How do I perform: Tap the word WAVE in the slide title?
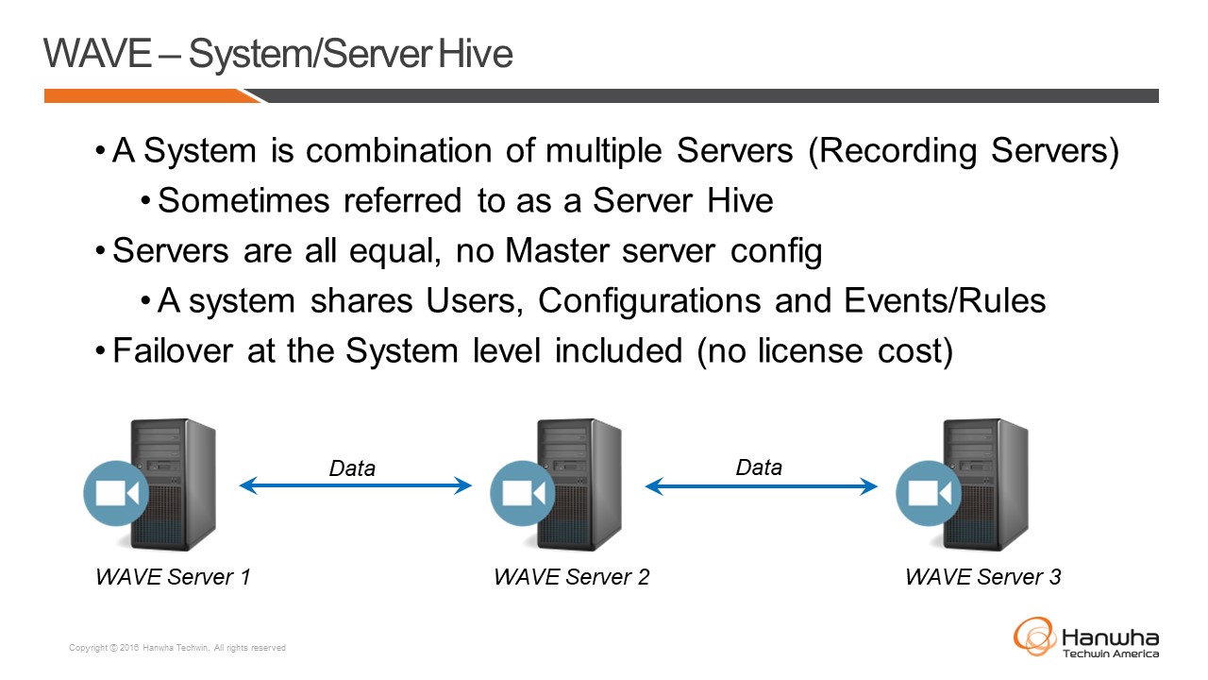tap(97, 54)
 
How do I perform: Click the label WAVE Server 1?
tap(173, 576)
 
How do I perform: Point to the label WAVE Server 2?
tap(571, 576)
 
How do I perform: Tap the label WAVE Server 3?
tap(982, 576)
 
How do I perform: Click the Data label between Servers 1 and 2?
tap(352, 467)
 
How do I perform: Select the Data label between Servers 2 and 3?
tap(759, 467)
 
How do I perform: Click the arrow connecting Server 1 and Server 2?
tap(355, 486)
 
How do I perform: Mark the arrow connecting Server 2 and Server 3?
tap(761, 486)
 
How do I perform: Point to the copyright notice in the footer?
tap(177, 648)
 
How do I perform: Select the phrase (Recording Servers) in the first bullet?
tap(964, 151)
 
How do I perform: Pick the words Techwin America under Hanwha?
tap(1111, 654)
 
